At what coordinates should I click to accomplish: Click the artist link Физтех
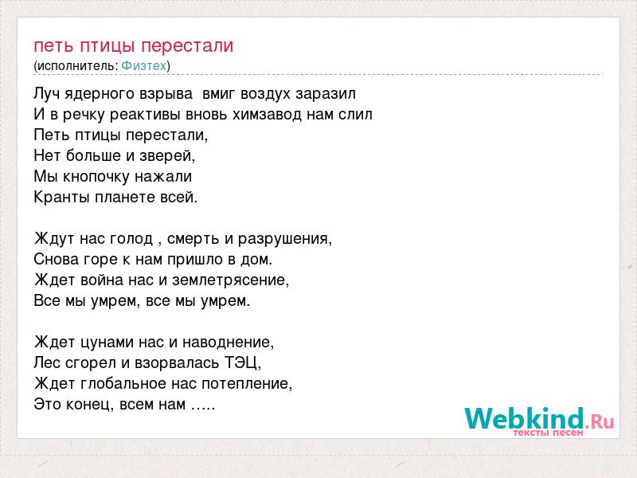pyautogui.click(x=144, y=66)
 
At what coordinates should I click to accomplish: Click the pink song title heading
pyautogui.click(x=134, y=46)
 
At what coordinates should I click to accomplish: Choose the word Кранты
pyautogui.click(x=62, y=198)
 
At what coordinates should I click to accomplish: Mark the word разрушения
pyautogui.click(x=284, y=239)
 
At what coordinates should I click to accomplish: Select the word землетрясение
pyautogui.click(x=230, y=280)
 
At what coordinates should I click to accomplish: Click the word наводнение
pyautogui.click(x=228, y=343)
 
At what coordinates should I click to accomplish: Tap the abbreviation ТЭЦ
pyautogui.click(x=243, y=362)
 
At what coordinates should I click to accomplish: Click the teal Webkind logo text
pyautogui.click(x=524, y=419)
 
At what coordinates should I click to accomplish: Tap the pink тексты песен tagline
pyautogui.click(x=548, y=433)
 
